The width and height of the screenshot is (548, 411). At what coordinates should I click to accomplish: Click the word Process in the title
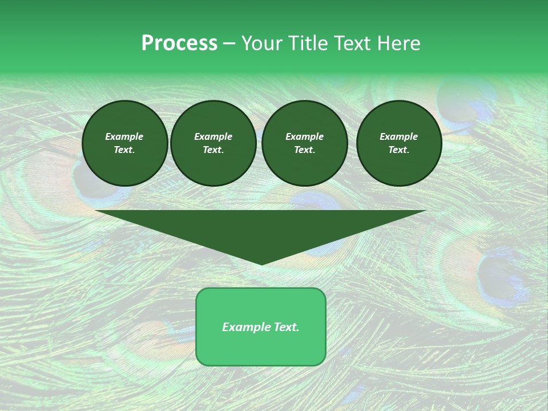click(179, 43)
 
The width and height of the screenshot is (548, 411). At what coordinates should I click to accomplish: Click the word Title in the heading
click(305, 43)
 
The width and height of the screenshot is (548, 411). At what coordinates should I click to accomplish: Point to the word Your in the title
click(261, 43)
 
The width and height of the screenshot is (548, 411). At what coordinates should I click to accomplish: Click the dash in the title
click(229, 44)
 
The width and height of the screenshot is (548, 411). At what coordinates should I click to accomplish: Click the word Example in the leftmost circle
click(124, 136)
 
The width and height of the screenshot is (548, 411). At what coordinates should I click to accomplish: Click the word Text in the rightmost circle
click(398, 150)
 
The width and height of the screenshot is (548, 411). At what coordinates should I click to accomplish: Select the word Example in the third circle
click(305, 136)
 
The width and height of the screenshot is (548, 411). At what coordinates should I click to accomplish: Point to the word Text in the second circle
click(212, 150)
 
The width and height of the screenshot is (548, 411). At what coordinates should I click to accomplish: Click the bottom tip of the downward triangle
click(261, 264)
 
